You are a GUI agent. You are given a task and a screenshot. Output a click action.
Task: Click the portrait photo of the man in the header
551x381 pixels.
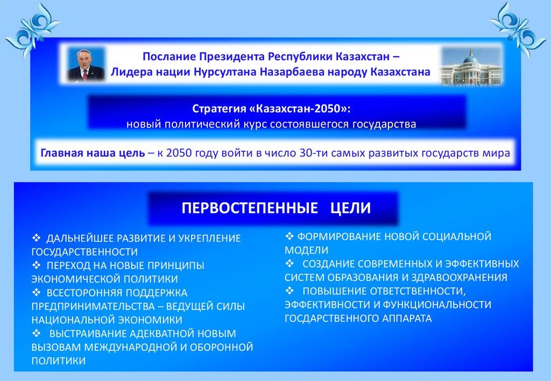point(86,65)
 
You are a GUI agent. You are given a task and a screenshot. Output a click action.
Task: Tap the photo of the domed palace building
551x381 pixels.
point(471,66)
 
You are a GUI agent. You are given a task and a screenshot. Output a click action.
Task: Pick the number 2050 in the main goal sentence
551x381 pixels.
point(179,153)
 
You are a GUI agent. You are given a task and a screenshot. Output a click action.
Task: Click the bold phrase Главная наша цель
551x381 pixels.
point(93,153)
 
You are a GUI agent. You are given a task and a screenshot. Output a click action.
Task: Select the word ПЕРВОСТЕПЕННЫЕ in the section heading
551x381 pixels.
point(250,208)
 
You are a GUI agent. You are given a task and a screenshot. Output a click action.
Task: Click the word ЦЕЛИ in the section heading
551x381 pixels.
point(350,208)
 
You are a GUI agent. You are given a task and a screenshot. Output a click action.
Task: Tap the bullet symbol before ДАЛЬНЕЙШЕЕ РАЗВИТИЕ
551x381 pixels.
point(37,238)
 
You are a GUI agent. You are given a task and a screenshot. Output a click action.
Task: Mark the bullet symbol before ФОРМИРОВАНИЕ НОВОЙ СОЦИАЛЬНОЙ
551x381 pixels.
point(289,236)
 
